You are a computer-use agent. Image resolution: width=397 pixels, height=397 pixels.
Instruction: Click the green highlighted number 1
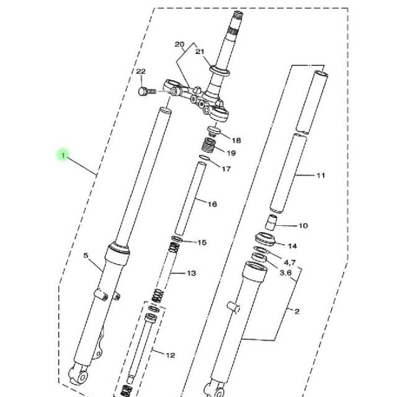point(63,154)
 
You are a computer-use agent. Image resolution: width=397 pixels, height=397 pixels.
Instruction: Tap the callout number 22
point(141,72)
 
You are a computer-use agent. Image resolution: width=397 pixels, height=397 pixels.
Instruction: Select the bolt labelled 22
point(147,91)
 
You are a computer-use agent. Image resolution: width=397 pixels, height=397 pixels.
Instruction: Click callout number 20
point(179,45)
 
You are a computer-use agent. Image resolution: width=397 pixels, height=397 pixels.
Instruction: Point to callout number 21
point(200,51)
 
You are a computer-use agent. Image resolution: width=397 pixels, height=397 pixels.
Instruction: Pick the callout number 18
point(236,140)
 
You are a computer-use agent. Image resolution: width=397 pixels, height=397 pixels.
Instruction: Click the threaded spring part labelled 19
point(209,145)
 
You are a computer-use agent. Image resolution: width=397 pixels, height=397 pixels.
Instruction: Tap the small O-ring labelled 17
point(205,158)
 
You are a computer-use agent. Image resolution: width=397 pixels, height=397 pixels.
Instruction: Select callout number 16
point(212,204)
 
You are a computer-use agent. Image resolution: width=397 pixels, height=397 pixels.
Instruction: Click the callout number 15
point(202,243)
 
